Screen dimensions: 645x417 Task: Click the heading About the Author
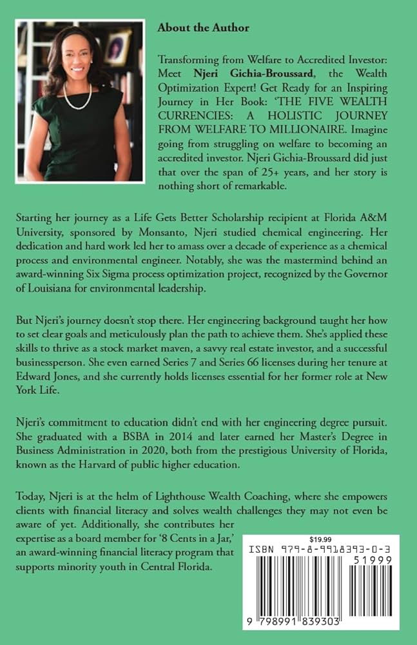(202, 28)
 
